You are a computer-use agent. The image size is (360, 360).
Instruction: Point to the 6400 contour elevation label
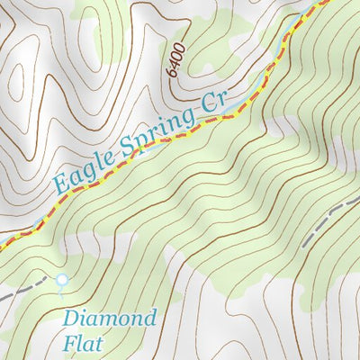175,58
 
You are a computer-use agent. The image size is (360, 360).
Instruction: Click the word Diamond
110,319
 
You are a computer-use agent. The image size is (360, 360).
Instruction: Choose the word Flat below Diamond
84,343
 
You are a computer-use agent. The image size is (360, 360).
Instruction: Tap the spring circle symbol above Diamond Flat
61,280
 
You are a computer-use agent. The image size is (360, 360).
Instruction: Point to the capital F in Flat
69,343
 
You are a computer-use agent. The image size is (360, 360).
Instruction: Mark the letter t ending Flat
100,343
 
